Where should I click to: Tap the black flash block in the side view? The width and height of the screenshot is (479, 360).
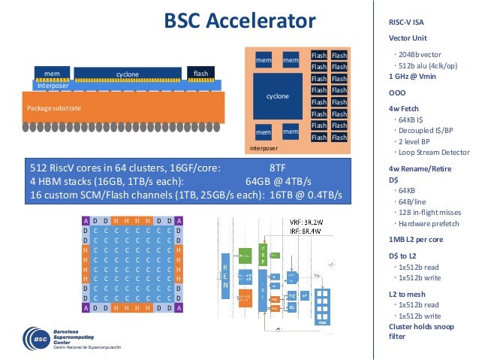click(200, 74)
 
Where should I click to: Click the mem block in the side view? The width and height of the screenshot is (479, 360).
click(52, 74)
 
